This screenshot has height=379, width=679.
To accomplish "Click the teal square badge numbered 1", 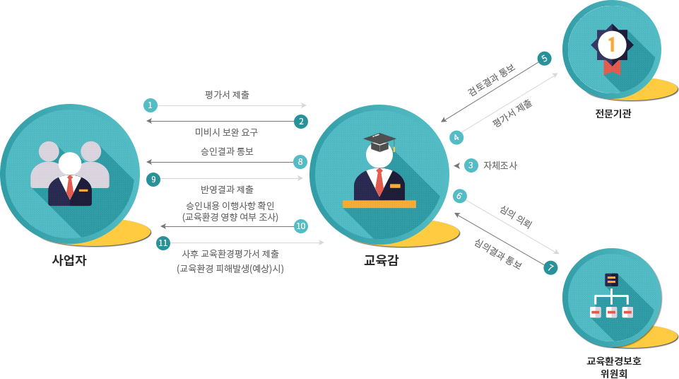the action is click(150, 105).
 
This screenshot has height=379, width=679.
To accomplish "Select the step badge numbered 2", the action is click(300, 121).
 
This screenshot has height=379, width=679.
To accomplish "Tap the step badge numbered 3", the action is click(471, 165).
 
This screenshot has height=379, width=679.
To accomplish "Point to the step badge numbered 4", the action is click(456, 137).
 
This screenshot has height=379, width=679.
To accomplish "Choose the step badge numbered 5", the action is click(544, 59).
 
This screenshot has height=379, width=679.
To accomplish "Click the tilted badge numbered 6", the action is click(460, 196).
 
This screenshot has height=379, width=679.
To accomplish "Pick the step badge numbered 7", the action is click(550, 267).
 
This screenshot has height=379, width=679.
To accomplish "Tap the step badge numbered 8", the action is click(300, 161).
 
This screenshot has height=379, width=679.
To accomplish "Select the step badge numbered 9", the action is click(153, 179).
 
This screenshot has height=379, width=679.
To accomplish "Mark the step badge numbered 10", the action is click(300, 226).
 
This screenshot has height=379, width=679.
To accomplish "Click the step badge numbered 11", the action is click(163, 243).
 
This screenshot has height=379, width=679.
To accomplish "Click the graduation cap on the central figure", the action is click(379, 140).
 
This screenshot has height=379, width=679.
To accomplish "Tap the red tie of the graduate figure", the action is click(379, 182).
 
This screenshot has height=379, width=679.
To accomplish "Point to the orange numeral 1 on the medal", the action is click(612, 45).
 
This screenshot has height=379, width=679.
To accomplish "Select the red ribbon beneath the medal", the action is click(612, 67).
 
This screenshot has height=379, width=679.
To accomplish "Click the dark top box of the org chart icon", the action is click(611, 279).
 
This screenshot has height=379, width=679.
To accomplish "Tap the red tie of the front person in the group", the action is click(70, 187).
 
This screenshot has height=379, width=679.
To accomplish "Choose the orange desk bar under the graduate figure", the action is click(379, 204).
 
